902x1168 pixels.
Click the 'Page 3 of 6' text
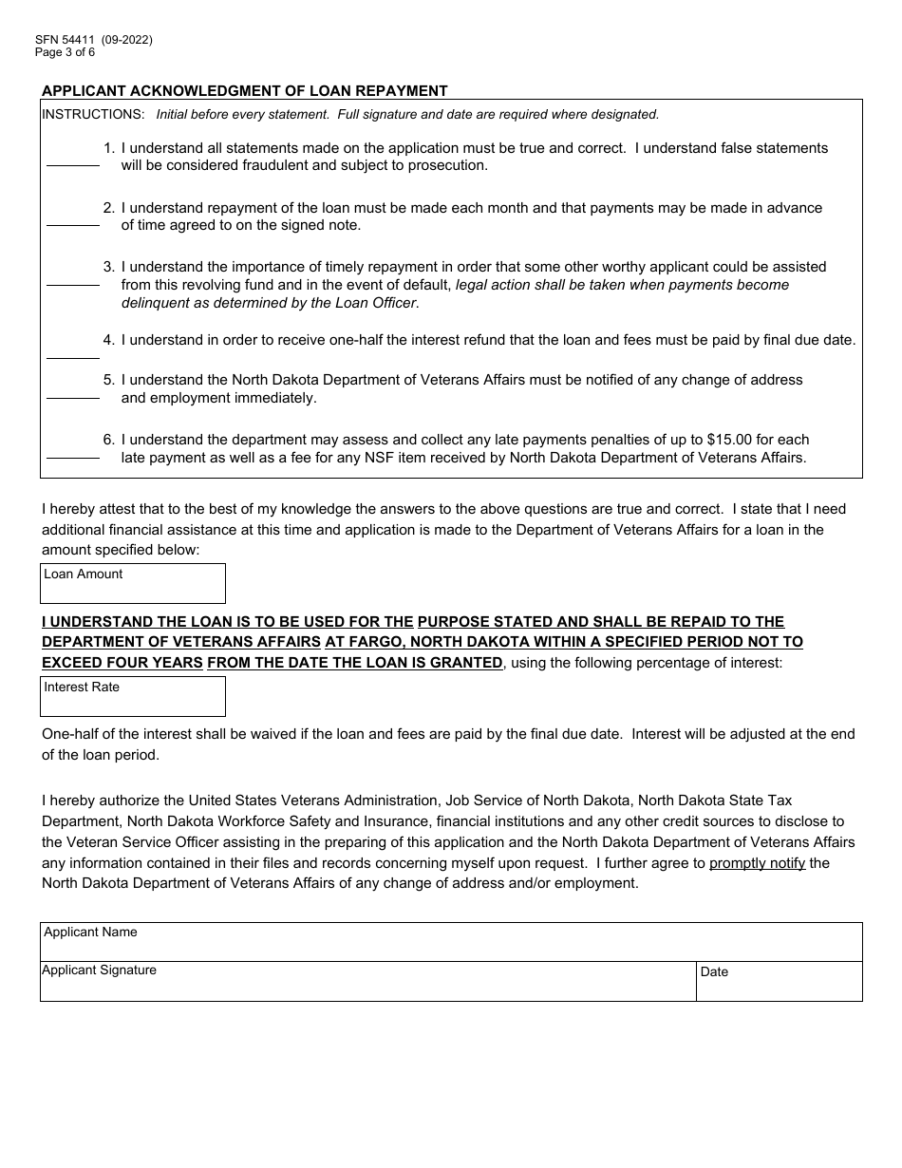click(65, 52)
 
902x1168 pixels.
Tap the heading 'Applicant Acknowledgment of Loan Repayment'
click(244, 91)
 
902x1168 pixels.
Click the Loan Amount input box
click(133, 589)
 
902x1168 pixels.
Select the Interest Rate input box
click(133, 702)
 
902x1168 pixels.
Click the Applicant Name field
click(451, 947)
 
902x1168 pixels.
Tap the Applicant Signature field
click(367, 986)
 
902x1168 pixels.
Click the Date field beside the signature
click(779, 986)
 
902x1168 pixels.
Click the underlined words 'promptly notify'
click(757, 863)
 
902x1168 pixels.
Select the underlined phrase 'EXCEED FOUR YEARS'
click(122, 663)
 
